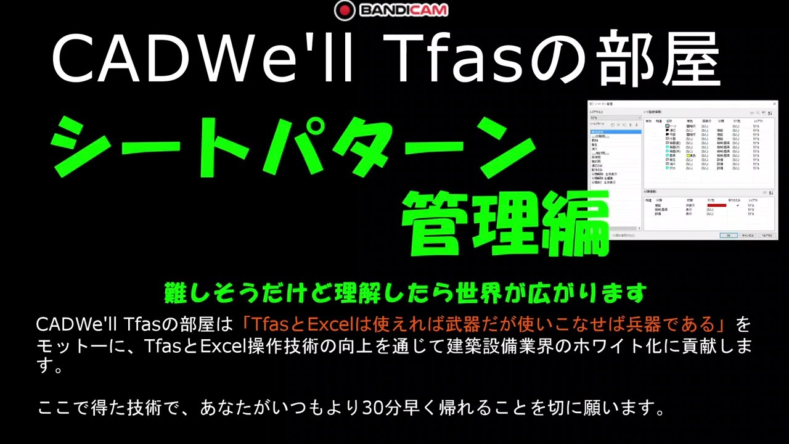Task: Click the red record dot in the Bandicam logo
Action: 345,10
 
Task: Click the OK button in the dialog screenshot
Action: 728,235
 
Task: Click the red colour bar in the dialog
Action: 716,205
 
